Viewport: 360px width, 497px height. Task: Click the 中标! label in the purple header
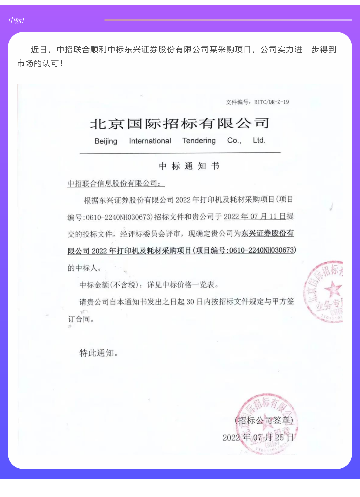pyautogui.click(x=16, y=21)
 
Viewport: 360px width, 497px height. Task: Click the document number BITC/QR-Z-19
pyautogui.click(x=271, y=102)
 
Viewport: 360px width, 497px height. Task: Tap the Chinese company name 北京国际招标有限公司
pyautogui.click(x=180, y=124)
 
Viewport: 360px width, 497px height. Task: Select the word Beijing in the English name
pyautogui.click(x=106, y=141)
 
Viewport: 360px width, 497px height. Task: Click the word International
pyautogui.click(x=150, y=141)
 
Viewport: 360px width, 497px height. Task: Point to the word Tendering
pyautogui.click(x=199, y=140)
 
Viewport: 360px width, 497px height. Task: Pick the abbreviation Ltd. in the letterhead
pyautogui.click(x=259, y=140)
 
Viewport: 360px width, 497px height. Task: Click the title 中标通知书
pyautogui.click(x=189, y=166)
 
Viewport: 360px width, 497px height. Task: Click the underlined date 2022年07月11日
pyautogui.click(x=255, y=216)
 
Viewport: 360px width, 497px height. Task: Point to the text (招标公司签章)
pyautogui.click(x=264, y=420)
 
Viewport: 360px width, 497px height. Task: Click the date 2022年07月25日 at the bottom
pyautogui.click(x=258, y=437)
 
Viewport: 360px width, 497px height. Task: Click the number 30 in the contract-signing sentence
pyautogui.click(x=190, y=302)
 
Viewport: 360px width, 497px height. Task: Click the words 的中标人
pyautogui.click(x=84, y=268)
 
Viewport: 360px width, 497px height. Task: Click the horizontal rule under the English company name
pyautogui.click(x=180, y=153)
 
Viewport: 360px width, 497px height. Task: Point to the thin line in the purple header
pyautogui.click(x=228, y=20)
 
